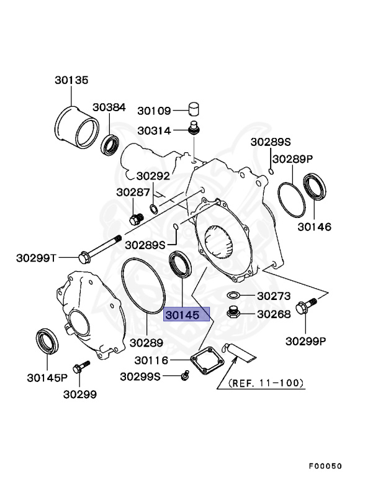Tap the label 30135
click(x=71, y=80)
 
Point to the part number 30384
click(x=109, y=107)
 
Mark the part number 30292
click(x=153, y=176)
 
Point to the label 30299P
click(x=306, y=341)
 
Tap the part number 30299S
click(x=140, y=376)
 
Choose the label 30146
click(x=314, y=227)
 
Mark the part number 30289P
click(x=293, y=159)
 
